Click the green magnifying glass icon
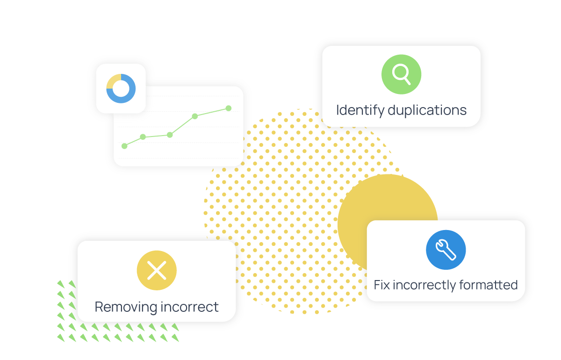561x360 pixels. pos(401,74)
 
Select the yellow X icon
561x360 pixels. pos(157,270)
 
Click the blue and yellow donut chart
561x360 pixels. pos(121,88)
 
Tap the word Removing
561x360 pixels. pos(126,307)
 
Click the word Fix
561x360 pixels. pos(382,285)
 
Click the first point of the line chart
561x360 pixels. pos(124,146)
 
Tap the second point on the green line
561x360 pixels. pos(143,137)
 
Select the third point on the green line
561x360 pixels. pos(170,135)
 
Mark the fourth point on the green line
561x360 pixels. pos(195,116)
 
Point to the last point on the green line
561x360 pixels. pos(229,108)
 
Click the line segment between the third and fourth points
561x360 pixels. pos(182,125)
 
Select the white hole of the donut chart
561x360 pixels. pos(121,88)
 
